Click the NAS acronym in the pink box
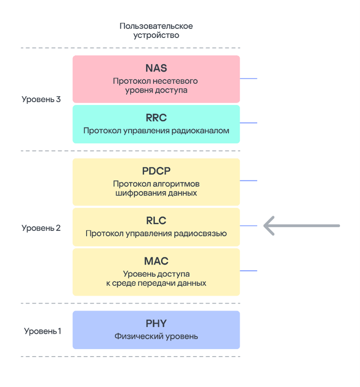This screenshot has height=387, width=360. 156,68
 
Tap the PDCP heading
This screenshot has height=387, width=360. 156,171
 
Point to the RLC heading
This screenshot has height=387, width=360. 156,221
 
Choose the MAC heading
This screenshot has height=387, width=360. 156,261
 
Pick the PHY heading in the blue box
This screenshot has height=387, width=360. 156,323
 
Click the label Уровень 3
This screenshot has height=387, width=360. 41,99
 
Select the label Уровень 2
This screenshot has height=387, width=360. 41,228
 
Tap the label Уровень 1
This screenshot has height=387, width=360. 42,331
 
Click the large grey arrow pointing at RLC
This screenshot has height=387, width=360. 301,226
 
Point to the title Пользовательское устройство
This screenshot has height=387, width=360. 156,31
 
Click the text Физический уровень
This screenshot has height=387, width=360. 156,336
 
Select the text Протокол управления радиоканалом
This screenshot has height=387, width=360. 156,131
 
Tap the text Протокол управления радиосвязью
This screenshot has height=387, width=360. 156,233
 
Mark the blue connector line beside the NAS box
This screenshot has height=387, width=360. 249,79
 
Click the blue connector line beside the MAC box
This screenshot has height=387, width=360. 249,271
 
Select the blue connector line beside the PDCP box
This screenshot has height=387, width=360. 249,181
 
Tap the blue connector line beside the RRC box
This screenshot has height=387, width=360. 249,123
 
